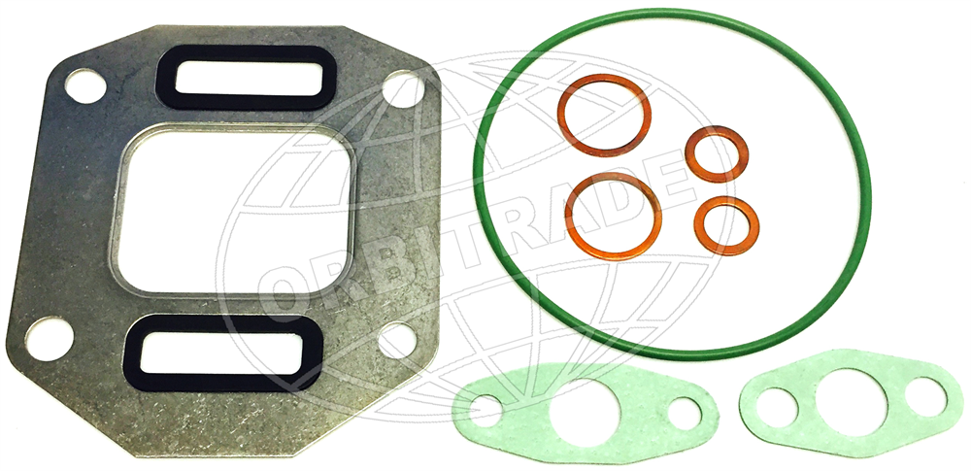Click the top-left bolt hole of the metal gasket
point(85,86)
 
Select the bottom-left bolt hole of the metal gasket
point(50,339)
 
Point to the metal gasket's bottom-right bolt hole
point(399,342)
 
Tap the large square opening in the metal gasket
point(232,211)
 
